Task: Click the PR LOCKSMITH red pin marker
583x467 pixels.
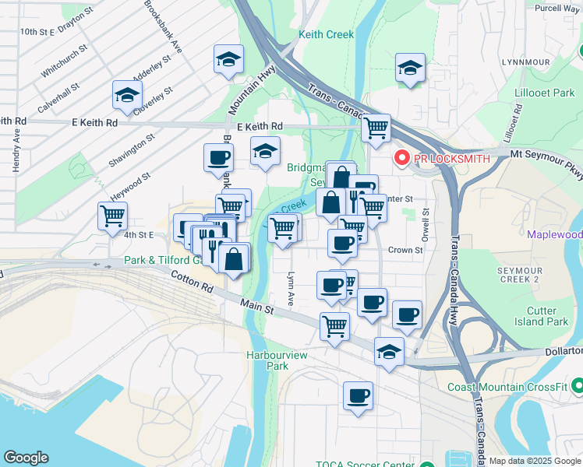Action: coord(403,158)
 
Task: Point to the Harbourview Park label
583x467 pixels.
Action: coord(266,360)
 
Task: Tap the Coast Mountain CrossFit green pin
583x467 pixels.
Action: coord(577,386)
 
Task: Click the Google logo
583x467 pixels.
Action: coord(26,458)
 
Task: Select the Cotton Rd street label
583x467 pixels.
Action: coord(192,281)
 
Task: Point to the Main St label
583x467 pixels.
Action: coord(257,307)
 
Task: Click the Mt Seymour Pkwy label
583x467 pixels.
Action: coord(546,156)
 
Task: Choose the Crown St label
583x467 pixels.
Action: coord(405,251)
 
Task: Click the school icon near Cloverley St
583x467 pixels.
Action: coord(126,96)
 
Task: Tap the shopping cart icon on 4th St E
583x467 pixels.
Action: coord(113,215)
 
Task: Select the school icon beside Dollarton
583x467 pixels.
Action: coord(389,351)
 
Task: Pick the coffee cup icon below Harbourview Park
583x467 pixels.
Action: coord(358,395)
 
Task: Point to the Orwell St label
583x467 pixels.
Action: coord(426,223)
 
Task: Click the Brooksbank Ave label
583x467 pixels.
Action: coord(164,26)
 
